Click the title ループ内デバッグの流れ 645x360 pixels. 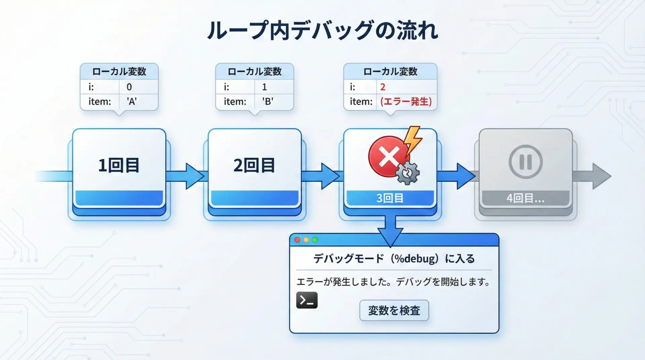click(322, 30)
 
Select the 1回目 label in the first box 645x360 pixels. click(119, 165)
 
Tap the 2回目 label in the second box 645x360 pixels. click(254, 165)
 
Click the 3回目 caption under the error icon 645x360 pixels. click(390, 198)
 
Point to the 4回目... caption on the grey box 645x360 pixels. click(525, 198)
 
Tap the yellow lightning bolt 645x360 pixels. click(413, 140)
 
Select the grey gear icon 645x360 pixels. click(407, 173)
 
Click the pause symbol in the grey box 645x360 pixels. click(525, 162)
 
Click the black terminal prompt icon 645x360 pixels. click(307, 300)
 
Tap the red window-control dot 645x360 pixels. click(297, 240)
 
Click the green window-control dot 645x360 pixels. click(315, 240)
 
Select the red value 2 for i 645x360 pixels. click(383, 87)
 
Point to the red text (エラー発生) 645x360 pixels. click(406, 101)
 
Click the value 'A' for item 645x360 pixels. click(132, 101)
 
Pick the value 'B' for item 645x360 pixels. click(267, 101)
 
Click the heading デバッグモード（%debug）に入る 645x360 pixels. click(394, 259)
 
